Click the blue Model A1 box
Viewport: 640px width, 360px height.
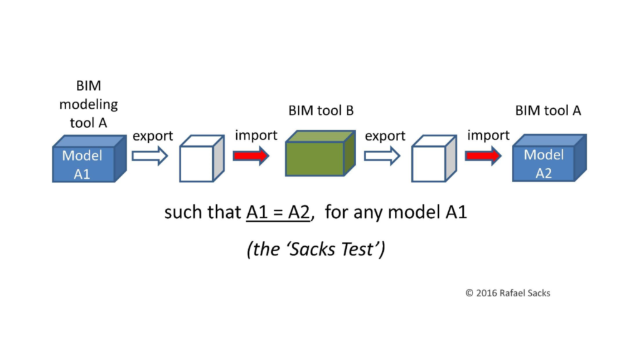pyautogui.click(x=89, y=159)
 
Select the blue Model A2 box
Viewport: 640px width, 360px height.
pyautogui.click(x=549, y=158)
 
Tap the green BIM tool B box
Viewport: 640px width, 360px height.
pyautogui.click(x=321, y=154)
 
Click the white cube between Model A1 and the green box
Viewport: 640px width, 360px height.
pyautogui.click(x=202, y=158)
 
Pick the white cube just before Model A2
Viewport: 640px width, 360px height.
pyautogui.click(x=434, y=158)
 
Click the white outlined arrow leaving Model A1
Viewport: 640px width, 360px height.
pyautogui.click(x=150, y=156)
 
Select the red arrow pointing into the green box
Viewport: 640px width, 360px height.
pyautogui.click(x=251, y=156)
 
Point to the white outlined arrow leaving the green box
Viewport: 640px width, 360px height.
pyautogui.click(x=382, y=156)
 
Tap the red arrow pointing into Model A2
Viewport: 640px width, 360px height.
pyautogui.click(x=483, y=156)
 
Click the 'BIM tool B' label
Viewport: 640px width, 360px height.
pyautogui.click(x=321, y=111)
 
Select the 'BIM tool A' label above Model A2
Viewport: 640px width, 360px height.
pyautogui.click(x=547, y=111)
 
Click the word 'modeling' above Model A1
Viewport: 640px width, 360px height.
pyautogui.click(x=89, y=104)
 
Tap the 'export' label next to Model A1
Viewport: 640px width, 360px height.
pyautogui.click(x=152, y=136)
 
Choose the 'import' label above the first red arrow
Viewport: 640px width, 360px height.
pyautogui.click(x=256, y=135)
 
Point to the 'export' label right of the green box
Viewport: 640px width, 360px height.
pyautogui.click(x=385, y=136)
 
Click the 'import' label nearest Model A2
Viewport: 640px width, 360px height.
pyautogui.click(x=488, y=135)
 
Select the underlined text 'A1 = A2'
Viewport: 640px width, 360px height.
pyautogui.click(x=278, y=212)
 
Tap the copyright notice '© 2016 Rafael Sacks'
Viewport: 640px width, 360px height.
pyautogui.click(x=507, y=293)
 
